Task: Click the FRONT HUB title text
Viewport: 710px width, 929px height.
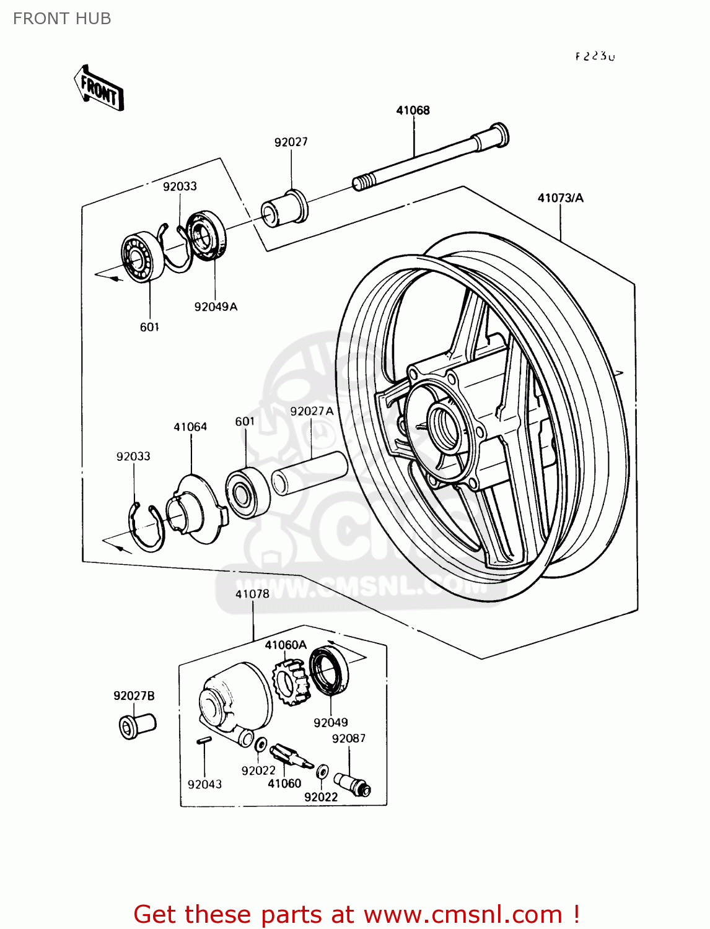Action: (x=62, y=19)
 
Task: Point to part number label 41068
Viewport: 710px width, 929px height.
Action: (x=413, y=110)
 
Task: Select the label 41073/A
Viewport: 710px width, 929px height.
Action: (x=560, y=198)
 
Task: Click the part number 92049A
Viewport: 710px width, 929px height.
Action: (x=216, y=307)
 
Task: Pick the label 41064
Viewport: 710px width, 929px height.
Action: (x=190, y=427)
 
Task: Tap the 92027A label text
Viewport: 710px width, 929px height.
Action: (x=312, y=411)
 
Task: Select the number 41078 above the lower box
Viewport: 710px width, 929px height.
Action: (x=252, y=594)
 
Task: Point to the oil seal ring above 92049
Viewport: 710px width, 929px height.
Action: (x=329, y=670)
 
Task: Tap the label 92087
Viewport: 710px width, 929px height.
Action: (x=349, y=738)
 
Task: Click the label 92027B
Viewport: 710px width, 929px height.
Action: (x=134, y=696)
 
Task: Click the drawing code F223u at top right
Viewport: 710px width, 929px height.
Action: (x=595, y=56)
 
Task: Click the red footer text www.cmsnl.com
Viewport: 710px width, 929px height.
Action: (x=462, y=914)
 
